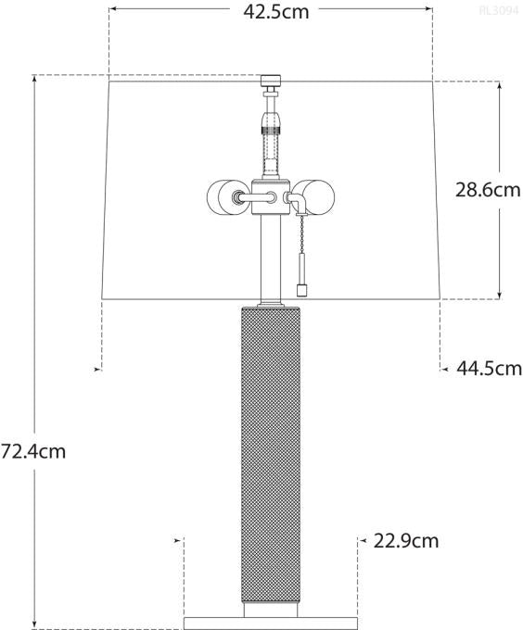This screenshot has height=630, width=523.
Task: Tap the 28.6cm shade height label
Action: (488, 190)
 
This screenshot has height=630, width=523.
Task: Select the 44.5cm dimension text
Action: (490, 369)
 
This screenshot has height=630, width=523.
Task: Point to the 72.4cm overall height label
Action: (32, 452)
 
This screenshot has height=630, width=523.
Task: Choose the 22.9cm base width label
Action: (407, 540)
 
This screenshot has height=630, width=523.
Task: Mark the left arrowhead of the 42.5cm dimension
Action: (112, 10)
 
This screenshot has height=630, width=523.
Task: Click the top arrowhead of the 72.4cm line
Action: (35, 79)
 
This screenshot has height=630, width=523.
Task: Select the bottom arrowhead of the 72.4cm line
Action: (35, 625)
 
